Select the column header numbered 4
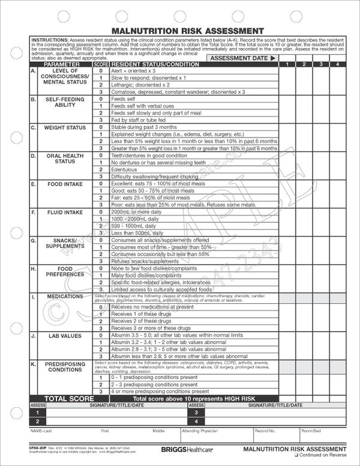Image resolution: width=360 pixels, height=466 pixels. click(338, 64)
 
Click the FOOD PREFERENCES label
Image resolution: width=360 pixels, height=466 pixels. click(64, 272)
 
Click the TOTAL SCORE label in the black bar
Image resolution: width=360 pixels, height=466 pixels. click(63, 398)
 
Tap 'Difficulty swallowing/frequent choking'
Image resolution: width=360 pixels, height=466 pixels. click(154, 177)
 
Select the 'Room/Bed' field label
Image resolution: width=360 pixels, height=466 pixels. click(310, 431)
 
